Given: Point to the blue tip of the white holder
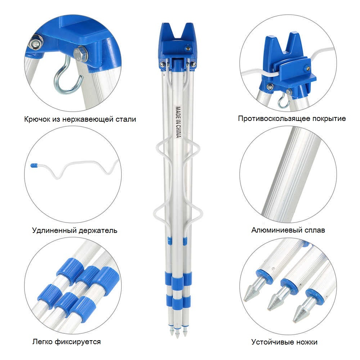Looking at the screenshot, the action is (34, 165).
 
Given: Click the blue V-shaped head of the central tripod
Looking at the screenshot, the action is (179, 41).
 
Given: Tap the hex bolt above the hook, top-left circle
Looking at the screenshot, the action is (80, 54).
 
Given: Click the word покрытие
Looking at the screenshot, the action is (329, 119).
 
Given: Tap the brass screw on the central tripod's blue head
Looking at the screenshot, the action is (188, 48).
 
